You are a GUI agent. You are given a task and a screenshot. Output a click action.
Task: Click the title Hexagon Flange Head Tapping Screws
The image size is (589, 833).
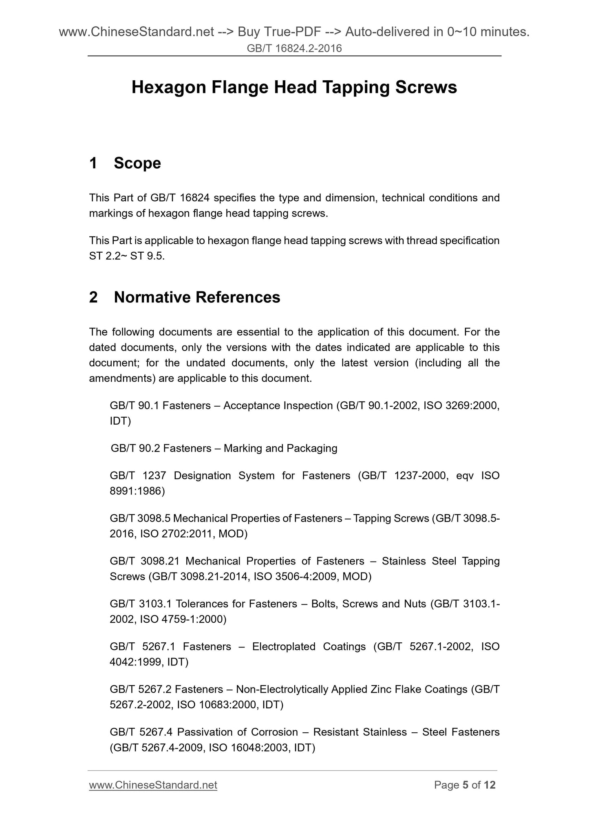[294, 88]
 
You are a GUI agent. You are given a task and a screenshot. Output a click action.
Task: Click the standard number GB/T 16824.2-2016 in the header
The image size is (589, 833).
[294, 49]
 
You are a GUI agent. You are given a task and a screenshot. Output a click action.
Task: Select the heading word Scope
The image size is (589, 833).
[137, 163]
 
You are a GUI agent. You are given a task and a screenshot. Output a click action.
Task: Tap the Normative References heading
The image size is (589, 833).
[197, 297]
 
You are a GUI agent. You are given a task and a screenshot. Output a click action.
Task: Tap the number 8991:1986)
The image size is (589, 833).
[137, 491]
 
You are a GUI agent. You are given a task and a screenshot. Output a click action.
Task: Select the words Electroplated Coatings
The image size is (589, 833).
[309, 647]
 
